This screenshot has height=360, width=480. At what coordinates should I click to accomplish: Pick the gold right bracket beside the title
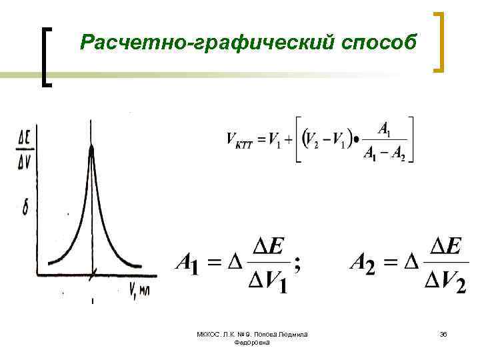tap(439, 41)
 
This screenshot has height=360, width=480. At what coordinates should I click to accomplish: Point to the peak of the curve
tap(92, 148)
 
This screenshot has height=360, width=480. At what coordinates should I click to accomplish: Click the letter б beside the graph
tap(25, 208)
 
